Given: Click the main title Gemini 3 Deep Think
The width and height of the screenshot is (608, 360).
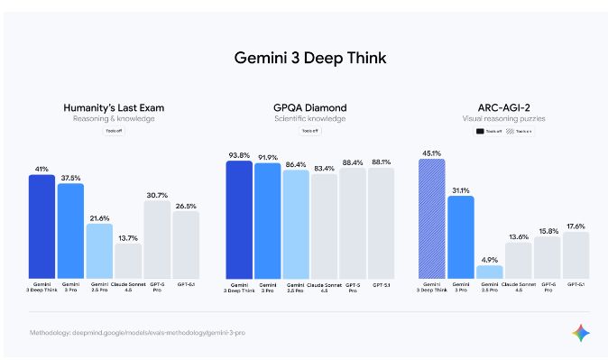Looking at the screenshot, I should pos(303,59).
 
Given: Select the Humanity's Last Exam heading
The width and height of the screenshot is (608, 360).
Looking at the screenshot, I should pos(114,108).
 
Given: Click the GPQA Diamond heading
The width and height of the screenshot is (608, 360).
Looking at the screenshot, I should pos(309,108).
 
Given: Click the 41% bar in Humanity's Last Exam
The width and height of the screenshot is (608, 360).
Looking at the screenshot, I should pos(41,226).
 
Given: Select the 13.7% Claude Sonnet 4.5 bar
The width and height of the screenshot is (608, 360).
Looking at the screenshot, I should pos(127,260).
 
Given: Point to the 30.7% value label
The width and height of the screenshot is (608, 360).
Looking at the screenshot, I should pos(157,195).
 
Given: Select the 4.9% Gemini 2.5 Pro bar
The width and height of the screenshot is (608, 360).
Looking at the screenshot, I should pos(490,271).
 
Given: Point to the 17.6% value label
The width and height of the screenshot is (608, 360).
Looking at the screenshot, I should pos(575,226).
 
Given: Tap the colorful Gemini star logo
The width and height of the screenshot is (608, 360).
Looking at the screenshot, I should pos(580,333).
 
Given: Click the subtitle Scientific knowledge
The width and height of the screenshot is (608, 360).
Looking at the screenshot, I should pos(309,119).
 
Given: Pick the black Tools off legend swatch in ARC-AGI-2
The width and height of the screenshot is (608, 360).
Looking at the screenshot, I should pos(481,132).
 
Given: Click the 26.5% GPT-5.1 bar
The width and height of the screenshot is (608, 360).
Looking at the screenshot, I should pos(185,244).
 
